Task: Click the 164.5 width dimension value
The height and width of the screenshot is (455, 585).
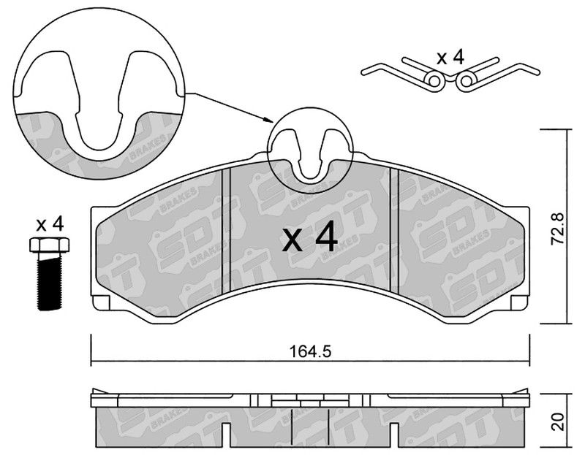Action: [310, 351]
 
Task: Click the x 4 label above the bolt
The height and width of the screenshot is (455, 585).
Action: [50, 224]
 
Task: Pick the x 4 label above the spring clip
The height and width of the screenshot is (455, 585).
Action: [450, 58]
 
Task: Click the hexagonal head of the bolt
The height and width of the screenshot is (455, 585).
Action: [49, 245]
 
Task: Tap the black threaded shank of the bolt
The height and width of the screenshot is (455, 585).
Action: [49, 281]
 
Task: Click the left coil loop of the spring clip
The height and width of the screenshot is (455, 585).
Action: [434, 80]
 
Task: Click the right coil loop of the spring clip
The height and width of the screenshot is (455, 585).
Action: [467, 80]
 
